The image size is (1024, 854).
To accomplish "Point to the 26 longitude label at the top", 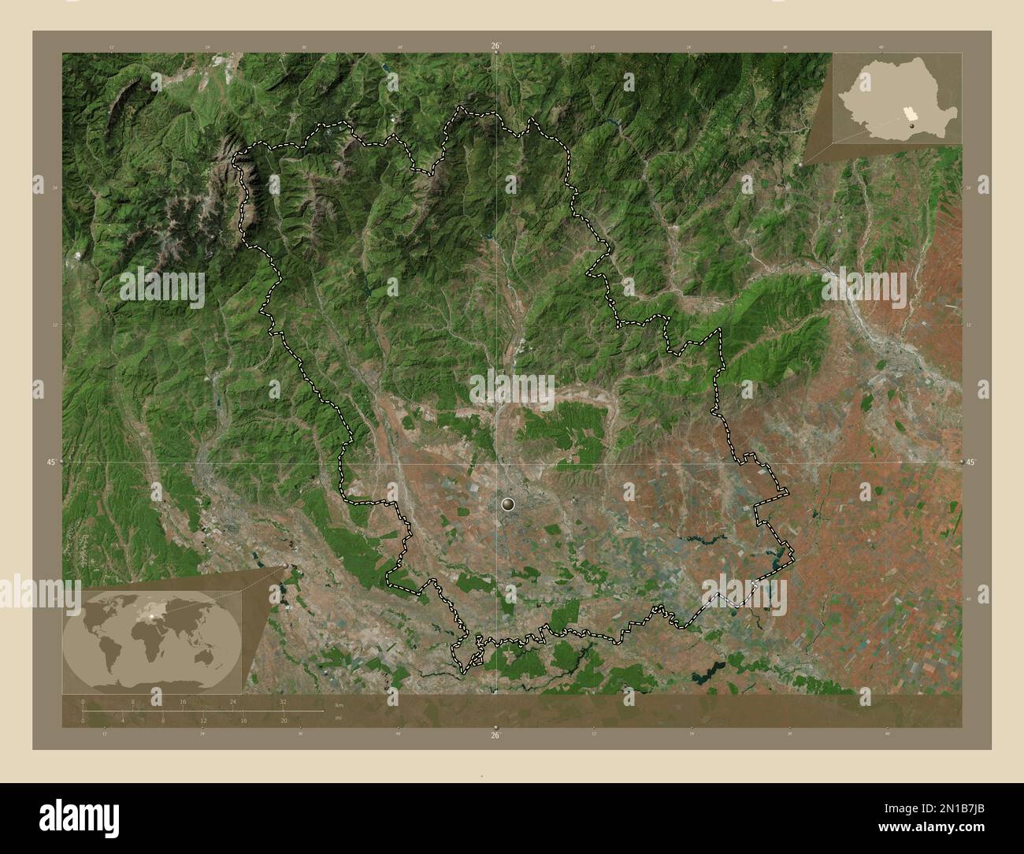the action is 495,46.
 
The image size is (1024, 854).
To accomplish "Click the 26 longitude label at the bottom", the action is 495,735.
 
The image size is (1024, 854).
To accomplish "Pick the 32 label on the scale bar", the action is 283,701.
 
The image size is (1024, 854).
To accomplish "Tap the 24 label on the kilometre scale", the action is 232,701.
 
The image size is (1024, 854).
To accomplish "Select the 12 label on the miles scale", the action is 203,720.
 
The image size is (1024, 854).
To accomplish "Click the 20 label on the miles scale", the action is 284,720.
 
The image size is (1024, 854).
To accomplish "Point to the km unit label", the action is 339,704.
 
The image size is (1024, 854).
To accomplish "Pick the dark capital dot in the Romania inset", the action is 912,124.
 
